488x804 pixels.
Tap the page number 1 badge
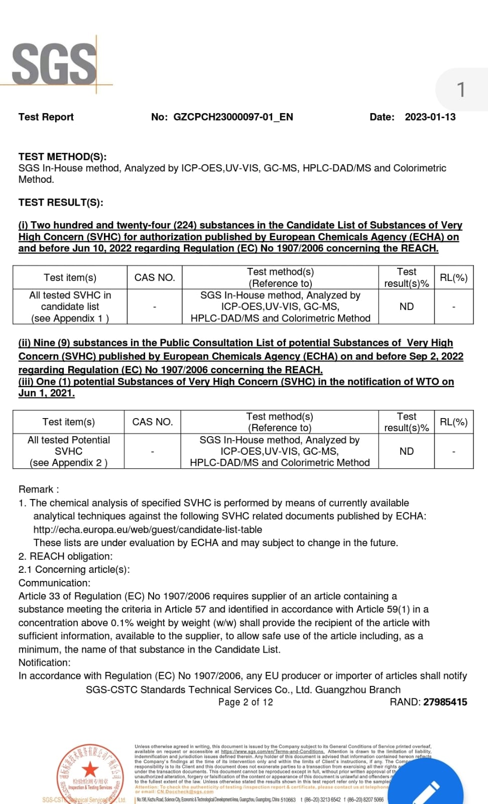[x=461, y=90]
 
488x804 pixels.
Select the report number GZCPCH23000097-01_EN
[x=233, y=117]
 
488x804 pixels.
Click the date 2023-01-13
[x=430, y=117]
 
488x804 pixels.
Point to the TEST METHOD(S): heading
[x=62, y=157]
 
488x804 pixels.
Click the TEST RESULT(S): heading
[x=61, y=203]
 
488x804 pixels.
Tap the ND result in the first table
[x=406, y=307]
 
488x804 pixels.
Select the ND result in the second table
[x=406, y=451]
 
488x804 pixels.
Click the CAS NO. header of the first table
[x=155, y=277]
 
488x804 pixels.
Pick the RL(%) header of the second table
[x=453, y=422]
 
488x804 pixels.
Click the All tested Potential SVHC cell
[x=69, y=451]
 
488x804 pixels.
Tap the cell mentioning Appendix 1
[x=70, y=307]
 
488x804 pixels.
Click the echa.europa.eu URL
[x=148, y=530]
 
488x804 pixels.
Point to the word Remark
[x=36, y=489]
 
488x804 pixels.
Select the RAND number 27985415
[x=445, y=702]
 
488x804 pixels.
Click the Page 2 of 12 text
[x=246, y=702]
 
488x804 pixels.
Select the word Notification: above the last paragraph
[x=45, y=662]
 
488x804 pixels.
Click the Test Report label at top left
[x=46, y=117]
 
